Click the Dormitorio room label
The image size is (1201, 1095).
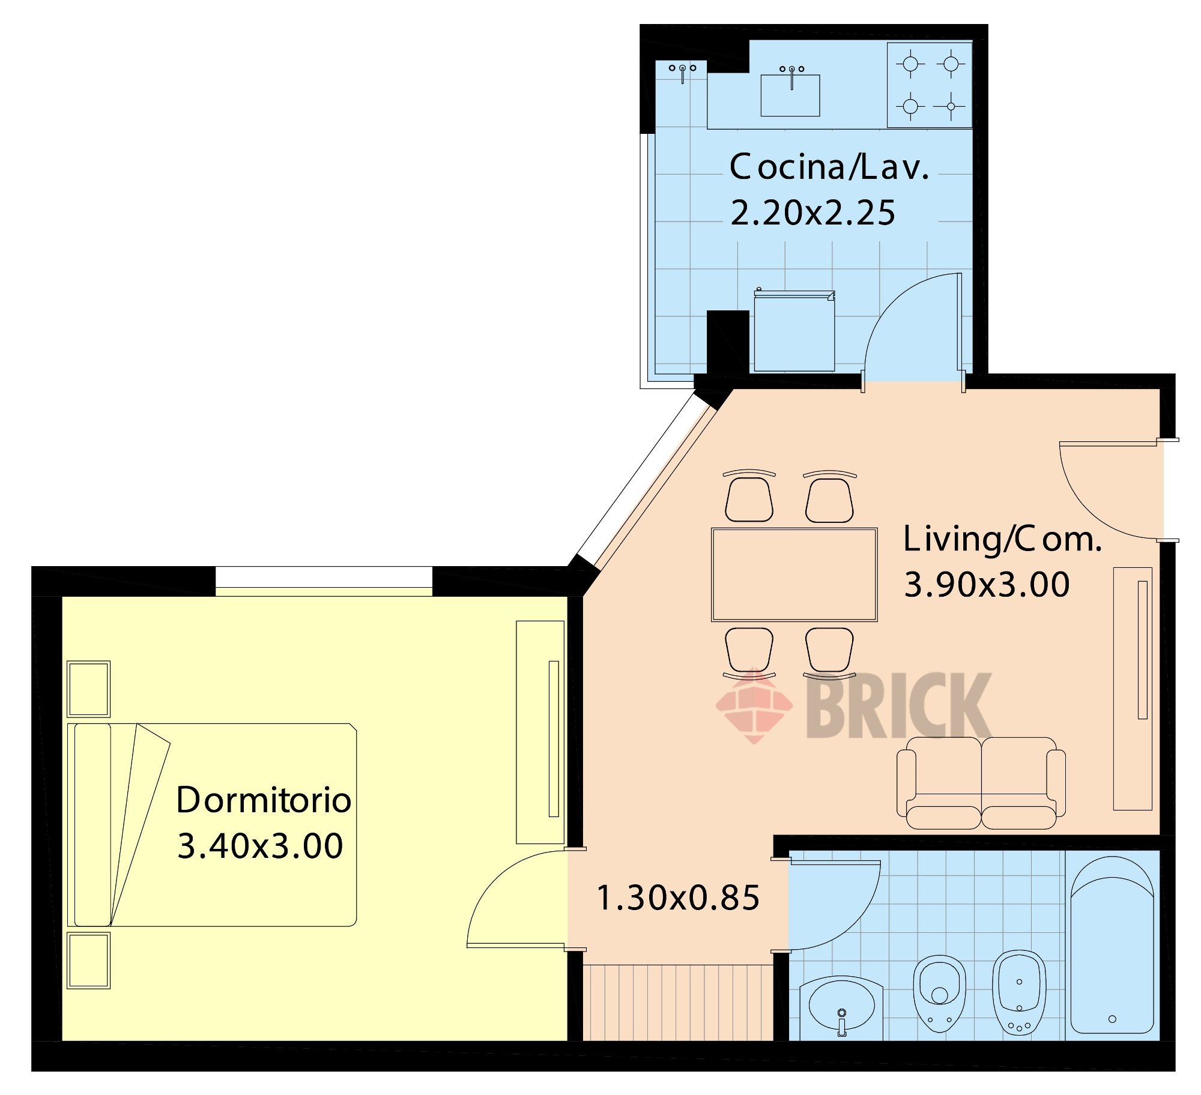click(264, 800)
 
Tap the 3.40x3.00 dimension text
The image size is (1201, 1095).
click(260, 846)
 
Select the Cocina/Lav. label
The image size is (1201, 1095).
click(829, 167)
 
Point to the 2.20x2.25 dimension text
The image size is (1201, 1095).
click(812, 213)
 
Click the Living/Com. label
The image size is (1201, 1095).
click(1003, 538)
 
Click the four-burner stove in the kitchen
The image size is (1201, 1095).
click(930, 85)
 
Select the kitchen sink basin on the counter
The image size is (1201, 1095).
click(790, 95)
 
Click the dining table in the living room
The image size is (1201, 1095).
click(794, 575)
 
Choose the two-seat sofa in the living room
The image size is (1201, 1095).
click(981, 783)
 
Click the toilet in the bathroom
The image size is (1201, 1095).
click(940, 993)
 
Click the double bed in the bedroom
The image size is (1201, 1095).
click(212, 825)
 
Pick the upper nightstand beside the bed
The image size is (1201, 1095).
click(89, 689)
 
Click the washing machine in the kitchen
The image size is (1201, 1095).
click(794, 331)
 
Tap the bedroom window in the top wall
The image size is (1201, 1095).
click(324, 581)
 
